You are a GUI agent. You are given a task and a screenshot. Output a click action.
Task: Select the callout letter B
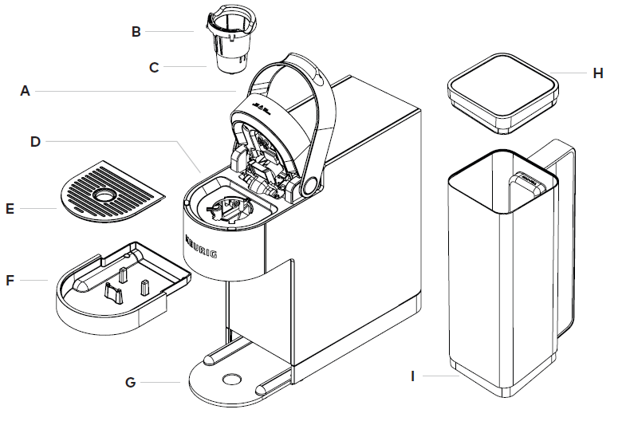(x=136, y=32)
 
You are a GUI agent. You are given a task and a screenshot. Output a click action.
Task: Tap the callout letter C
(x=154, y=67)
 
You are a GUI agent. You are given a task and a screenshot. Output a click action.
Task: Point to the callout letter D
(x=35, y=141)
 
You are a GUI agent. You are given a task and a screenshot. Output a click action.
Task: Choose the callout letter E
(x=10, y=209)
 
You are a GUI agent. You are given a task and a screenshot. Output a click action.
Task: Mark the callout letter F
(x=10, y=281)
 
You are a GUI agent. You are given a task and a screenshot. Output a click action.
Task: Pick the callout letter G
(x=130, y=382)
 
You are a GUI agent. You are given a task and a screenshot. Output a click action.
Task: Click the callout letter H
(x=598, y=73)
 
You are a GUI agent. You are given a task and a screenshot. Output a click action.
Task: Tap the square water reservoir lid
(x=500, y=88)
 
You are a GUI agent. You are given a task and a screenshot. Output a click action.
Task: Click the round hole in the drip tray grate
(x=104, y=194)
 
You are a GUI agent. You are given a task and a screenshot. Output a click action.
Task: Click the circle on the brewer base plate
(x=232, y=379)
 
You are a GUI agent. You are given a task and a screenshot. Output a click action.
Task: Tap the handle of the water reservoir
(x=563, y=239)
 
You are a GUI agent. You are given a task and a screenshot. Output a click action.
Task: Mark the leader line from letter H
(x=569, y=73)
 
